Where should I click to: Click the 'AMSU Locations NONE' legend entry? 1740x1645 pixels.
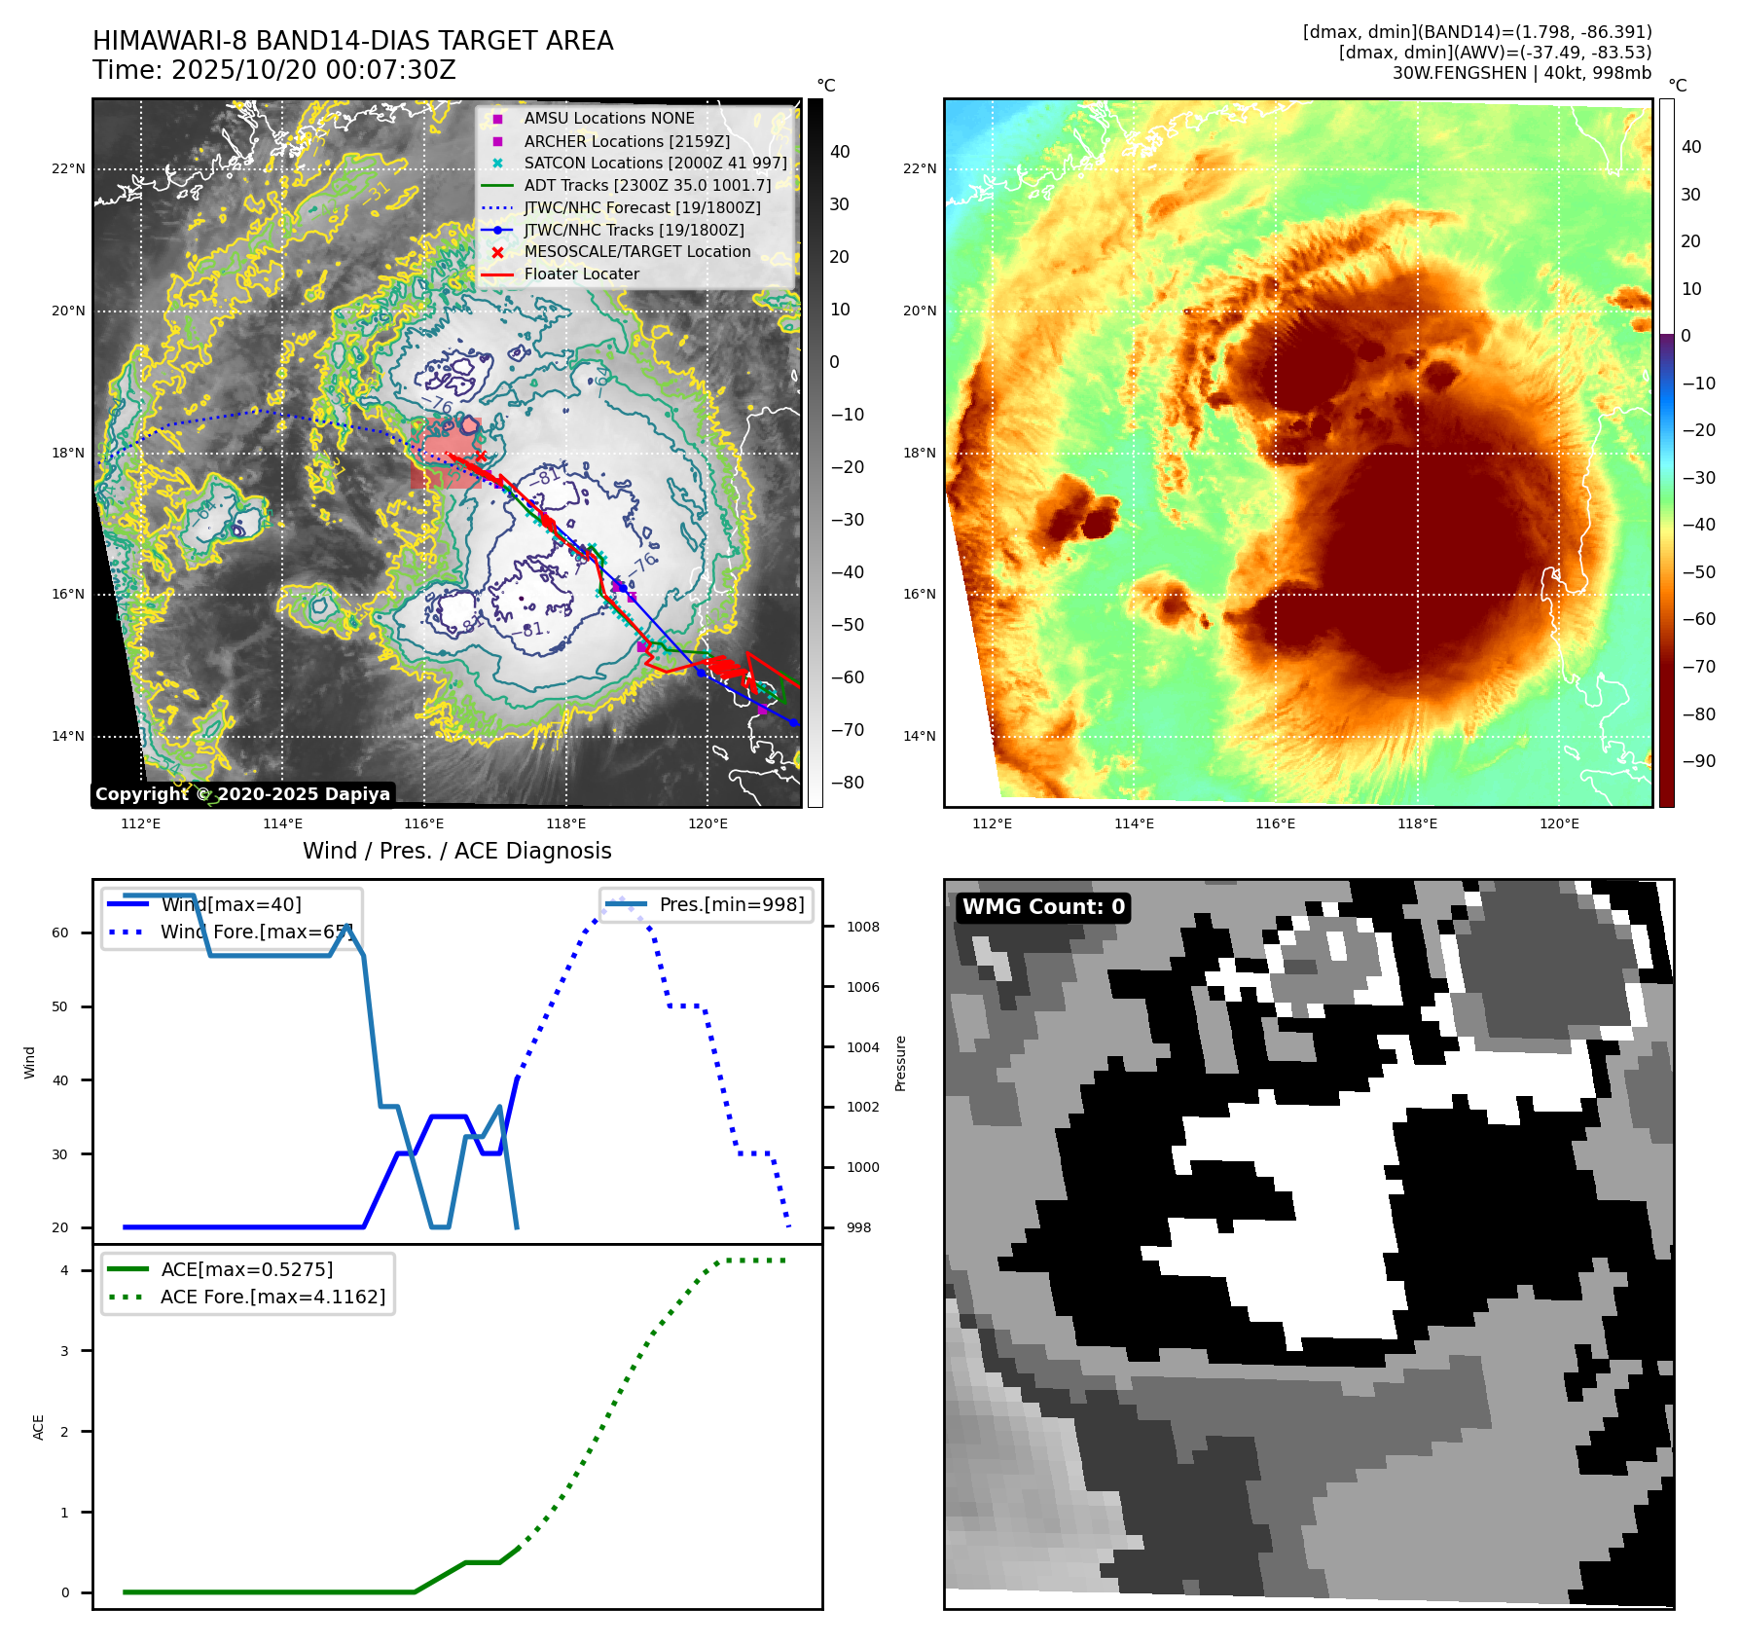click(608, 118)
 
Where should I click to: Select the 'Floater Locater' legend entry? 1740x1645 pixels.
click(581, 274)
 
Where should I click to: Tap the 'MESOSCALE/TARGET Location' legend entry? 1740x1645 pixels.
click(636, 251)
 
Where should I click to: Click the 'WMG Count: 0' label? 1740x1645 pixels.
click(1042, 907)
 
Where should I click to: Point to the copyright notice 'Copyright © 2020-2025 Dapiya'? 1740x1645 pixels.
click(242, 794)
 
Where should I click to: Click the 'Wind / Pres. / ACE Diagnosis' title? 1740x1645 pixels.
click(456, 851)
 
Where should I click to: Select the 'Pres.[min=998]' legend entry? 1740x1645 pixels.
click(731, 904)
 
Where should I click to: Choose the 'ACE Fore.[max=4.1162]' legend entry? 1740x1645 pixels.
click(272, 1297)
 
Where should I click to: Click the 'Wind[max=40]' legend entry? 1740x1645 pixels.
click(231, 904)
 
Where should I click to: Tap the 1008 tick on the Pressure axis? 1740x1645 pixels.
click(862, 927)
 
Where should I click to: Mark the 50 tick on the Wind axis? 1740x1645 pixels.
click(60, 1006)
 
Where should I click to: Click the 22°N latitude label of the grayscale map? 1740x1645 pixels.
click(68, 168)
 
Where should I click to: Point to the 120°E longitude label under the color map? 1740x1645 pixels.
click(1559, 823)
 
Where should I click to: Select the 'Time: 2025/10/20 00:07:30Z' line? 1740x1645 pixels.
click(274, 70)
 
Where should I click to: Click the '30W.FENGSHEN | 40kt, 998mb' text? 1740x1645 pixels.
click(1521, 72)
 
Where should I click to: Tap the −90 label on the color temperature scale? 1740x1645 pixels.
click(1699, 761)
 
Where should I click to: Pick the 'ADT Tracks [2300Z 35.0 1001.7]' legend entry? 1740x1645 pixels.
click(647, 185)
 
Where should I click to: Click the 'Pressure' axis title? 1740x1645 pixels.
click(900, 1063)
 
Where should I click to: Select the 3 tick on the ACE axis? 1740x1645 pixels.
click(64, 1351)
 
